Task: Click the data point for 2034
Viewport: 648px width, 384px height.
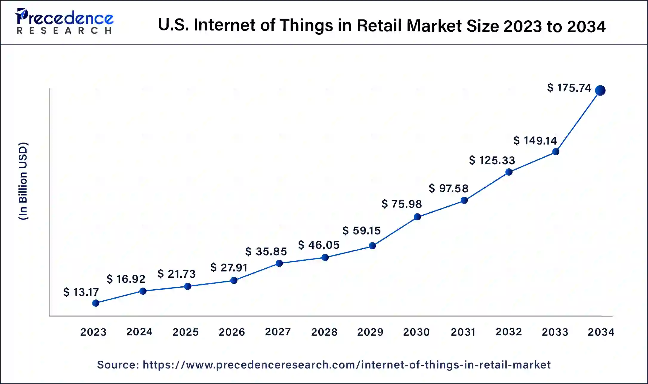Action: pyautogui.click(x=600, y=90)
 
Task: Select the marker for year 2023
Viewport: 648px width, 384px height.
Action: pyautogui.click(x=96, y=303)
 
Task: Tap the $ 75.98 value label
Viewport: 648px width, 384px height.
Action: pyautogui.click(x=402, y=204)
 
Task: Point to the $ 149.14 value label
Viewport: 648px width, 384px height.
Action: pyautogui.click(x=535, y=140)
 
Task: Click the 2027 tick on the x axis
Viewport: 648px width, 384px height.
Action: pyautogui.click(x=278, y=332)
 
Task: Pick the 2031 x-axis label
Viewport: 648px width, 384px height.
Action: pyautogui.click(x=463, y=332)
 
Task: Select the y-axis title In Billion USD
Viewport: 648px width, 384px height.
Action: pyautogui.click(x=23, y=181)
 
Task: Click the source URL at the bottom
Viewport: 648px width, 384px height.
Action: pyautogui.click(x=346, y=365)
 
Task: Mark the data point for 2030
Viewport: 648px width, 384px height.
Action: pyautogui.click(x=417, y=217)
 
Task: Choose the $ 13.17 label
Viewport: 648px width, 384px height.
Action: pyautogui.click(x=81, y=292)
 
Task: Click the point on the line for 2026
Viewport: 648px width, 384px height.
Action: pyautogui.click(x=234, y=280)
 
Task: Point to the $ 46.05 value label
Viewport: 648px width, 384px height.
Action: pyautogui.click(x=319, y=245)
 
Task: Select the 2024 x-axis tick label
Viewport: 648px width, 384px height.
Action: pyautogui.click(x=139, y=332)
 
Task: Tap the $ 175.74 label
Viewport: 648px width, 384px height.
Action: pyautogui.click(x=569, y=88)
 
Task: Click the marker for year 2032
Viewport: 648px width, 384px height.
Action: pyautogui.click(x=509, y=172)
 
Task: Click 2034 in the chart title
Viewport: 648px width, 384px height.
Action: pyautogui.click(x=586, y=26)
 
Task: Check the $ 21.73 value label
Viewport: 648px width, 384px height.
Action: pyautogui.click(x=176, y=274)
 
